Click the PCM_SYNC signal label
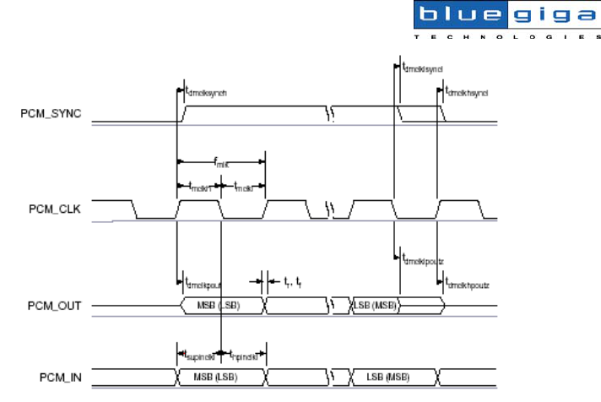51,114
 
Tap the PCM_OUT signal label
50,305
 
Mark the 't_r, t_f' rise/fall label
292,282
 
